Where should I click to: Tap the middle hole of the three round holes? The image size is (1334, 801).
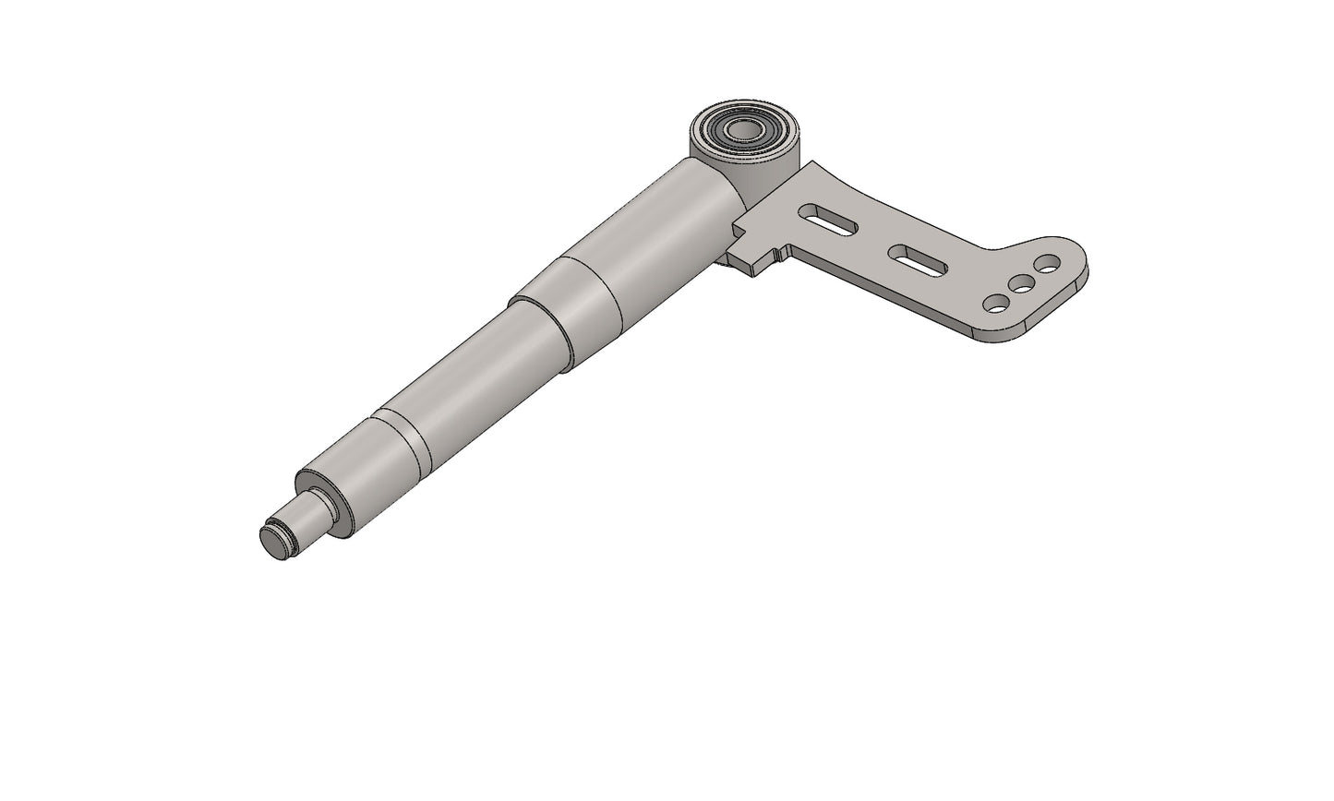pyautogui.click(x=1021, y=283)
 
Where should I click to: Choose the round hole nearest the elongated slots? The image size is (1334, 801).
pyautogui.click(x=996, y=302)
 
